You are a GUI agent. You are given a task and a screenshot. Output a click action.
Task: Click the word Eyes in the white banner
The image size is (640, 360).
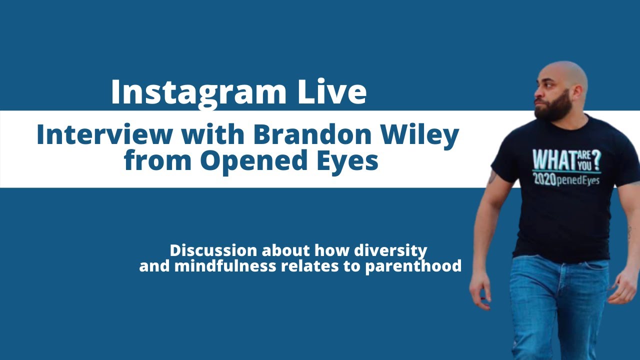click(344, 161)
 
